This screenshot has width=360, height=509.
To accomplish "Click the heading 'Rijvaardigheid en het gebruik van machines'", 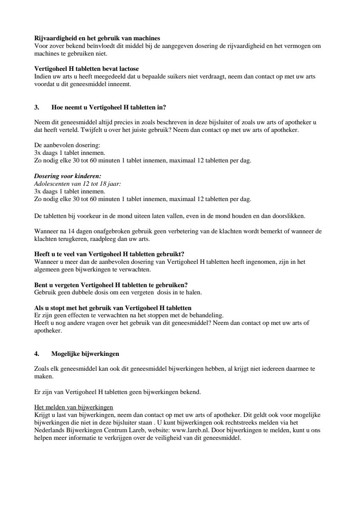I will click(x=97, y=39).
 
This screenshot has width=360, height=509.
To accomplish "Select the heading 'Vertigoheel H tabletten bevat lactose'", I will click(x=86, y=69).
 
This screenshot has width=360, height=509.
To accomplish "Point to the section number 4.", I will click(x=37, y=353).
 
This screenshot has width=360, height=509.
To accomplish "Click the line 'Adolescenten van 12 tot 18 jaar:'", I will click(x=77, y=184).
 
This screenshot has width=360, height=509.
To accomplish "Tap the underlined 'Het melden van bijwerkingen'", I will click(x=73, y=407).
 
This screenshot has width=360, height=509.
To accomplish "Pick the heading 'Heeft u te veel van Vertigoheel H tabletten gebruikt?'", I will click(x=109, y=255).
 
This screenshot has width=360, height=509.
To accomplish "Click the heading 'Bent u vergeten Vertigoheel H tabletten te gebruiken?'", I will click(x=111, y=285).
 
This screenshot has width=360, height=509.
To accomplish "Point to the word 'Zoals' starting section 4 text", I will click(x=41, y=369).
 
